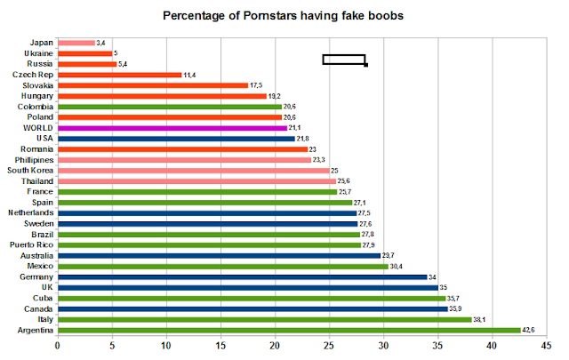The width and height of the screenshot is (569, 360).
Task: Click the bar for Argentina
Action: coord(289,330)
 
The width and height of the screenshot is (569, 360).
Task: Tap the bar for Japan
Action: coord(76,42)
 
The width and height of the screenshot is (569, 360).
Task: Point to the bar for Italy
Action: coord(264,319)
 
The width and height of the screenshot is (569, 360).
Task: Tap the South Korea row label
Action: coord(29,170)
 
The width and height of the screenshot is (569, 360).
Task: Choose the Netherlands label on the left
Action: coord(31,212)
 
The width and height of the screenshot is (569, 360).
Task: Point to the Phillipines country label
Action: coord(32,159)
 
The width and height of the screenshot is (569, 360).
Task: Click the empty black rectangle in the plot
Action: coord(343,60)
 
